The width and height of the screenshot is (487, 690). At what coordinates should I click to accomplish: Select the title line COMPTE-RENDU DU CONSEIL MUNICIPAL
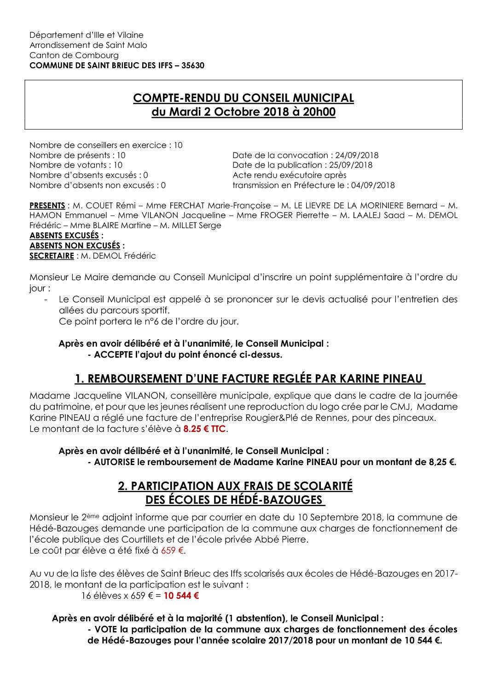(x=243, y=98)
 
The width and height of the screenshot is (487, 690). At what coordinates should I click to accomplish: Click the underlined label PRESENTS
(x=47, y=206)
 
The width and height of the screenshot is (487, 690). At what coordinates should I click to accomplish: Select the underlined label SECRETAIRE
(x=52, y=256)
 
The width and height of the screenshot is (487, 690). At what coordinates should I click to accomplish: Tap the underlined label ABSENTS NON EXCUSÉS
(x=75, y=246)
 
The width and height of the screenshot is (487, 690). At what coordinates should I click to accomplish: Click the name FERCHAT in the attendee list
(x=187, y=206)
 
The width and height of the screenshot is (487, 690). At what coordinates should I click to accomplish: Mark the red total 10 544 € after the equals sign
(x=181, y=596)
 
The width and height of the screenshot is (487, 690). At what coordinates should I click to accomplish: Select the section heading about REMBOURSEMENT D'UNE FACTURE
(x=249, y=379)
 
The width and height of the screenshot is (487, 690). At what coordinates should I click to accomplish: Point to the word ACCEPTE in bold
(x=113, y=355)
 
